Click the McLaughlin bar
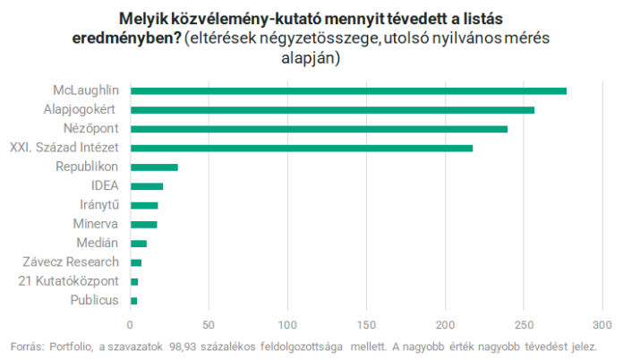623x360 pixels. tap(348, 90)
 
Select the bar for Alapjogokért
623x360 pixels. tap(332, 109)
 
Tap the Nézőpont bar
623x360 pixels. tap(319, 129)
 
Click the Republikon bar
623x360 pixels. tap(154, 167)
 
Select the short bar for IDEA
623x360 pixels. tap(147, 186)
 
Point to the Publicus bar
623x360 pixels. tap(134, 300)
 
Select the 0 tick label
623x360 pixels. tap(131, 324)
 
